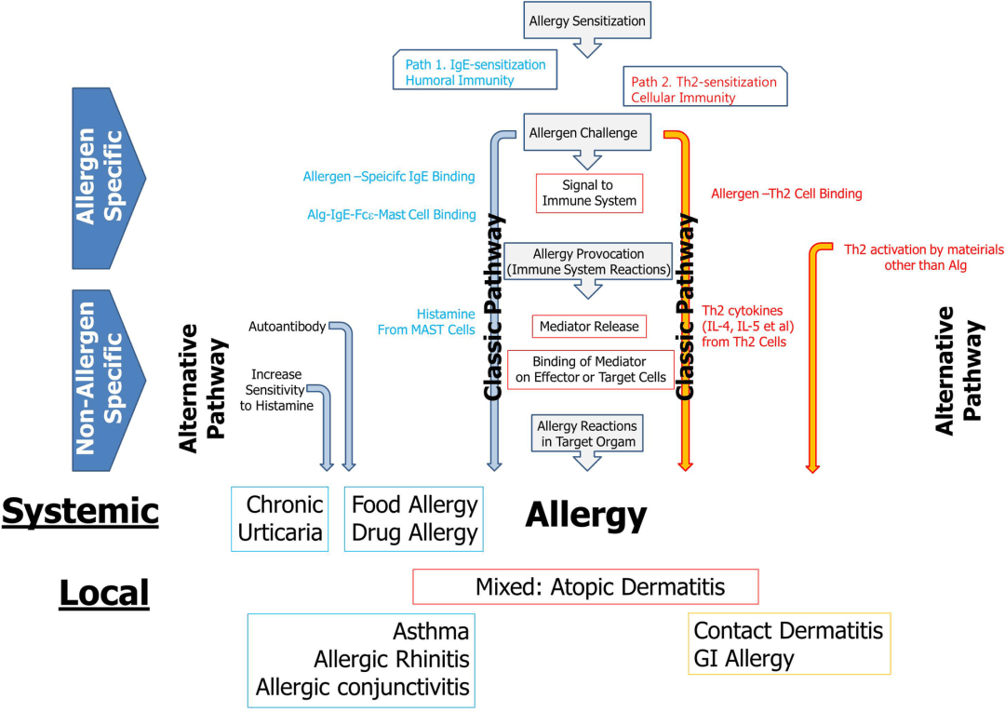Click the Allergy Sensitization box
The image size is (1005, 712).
[586, 20]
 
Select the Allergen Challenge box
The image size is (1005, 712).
[583, 133]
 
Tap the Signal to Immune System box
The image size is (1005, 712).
[589, 193]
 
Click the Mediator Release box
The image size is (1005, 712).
[589, 326]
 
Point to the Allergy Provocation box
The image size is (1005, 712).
[588, 262]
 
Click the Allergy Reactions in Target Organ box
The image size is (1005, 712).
[587, 434]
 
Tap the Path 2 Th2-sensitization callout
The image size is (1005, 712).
[703, 89]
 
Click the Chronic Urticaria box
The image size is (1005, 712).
[280, 518]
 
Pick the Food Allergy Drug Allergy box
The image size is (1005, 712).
[414, 518]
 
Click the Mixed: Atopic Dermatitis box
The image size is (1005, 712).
[585, 587]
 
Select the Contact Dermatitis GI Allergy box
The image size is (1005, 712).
[789, 644]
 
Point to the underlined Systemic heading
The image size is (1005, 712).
[80, 511]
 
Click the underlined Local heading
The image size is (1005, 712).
[103, 593]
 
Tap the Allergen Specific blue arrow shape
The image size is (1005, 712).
[103, 178]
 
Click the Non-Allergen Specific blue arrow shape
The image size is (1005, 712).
[103, 380]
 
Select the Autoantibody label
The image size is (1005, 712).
[287, 327]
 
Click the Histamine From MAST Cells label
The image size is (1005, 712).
[426, 322]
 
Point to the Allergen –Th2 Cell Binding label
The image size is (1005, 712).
[786, 194]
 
